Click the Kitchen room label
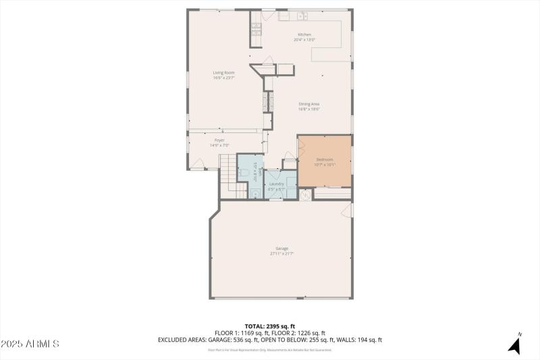pos(304,34)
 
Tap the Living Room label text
pos(223,72)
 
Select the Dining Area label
pos(309,103)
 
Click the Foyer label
pos(219,140)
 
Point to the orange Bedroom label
pos(325,159)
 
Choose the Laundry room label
pos(277,183)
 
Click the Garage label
pos(281,248)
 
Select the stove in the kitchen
pos(256,28)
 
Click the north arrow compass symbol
pos(515,344)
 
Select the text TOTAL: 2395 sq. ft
pos(270,326)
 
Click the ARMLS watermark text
pos(30,344)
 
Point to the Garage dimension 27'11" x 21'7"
pos(281,253)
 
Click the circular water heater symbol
pos(305,195)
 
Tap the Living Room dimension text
pos(223,78)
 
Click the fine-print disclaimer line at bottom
pos(270,349)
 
